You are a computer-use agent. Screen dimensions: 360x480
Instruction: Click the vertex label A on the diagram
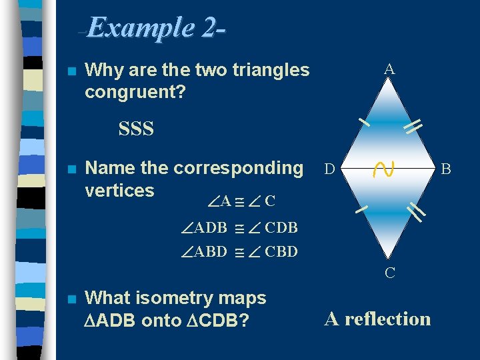point(389,69)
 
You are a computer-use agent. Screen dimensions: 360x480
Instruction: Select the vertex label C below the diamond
point(389,273)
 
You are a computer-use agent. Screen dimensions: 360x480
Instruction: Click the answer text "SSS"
point(136,129)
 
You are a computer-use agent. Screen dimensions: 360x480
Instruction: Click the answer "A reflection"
point(377,319)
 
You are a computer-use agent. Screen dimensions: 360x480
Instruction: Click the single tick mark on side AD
point(363,121)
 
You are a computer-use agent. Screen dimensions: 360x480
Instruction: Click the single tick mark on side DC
point(362,209)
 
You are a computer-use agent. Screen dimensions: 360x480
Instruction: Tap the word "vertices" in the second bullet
point(119,190)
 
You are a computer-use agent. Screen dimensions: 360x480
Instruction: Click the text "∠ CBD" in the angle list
point(273,252)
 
